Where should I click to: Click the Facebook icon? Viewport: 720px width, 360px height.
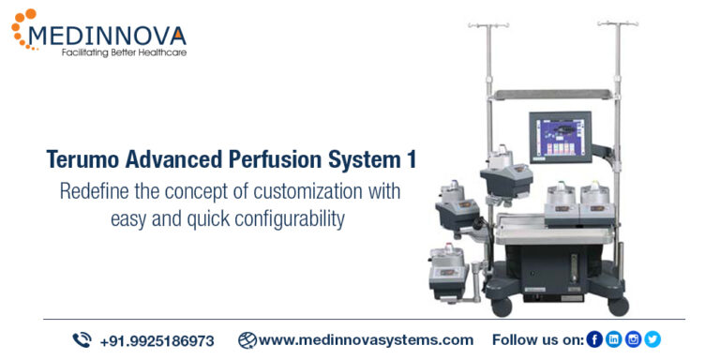point(594,339)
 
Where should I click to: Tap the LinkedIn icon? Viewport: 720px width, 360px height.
point(614,339)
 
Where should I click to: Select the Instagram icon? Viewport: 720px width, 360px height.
point(633,339)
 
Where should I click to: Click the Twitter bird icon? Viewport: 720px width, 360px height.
point(652,339)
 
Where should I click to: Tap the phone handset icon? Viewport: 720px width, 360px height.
point(82,339)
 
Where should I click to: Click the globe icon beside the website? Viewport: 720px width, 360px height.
point(247,339)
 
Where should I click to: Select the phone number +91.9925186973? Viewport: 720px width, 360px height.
point(157,340)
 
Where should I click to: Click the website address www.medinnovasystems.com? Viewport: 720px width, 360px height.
point(366,339)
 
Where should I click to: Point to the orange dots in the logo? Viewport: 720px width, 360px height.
point(22,25)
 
